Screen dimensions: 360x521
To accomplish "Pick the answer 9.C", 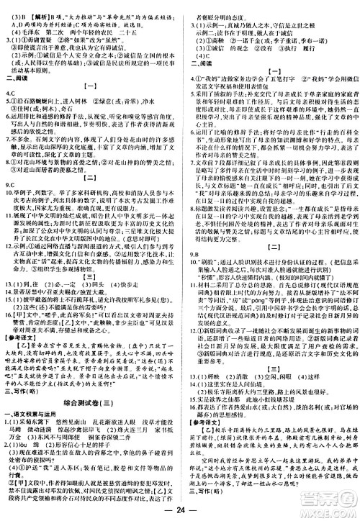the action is (x=12, y=184).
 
